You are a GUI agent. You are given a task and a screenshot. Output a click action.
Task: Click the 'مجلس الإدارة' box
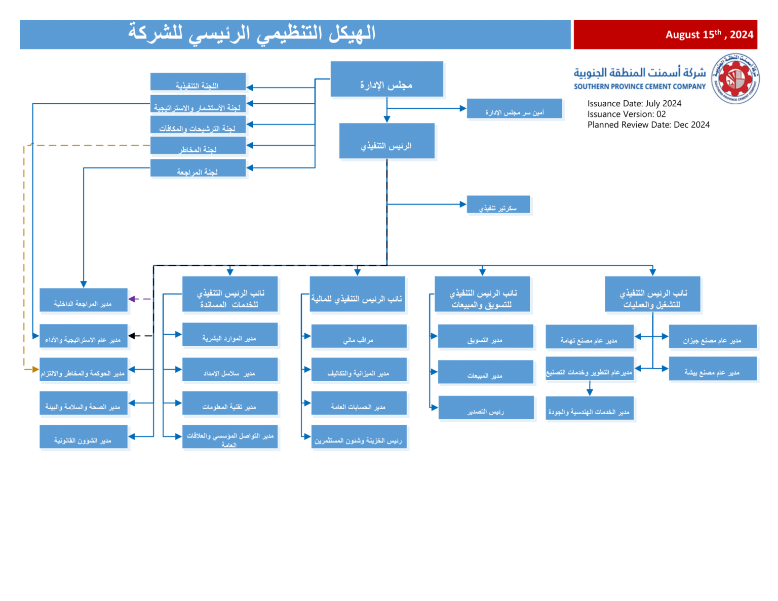point(386,79)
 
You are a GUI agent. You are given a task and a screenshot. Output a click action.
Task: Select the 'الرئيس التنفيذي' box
point(386,141)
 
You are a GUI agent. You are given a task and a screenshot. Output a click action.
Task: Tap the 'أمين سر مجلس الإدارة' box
point(514,108)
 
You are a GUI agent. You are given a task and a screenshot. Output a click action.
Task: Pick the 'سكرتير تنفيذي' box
point(498,205)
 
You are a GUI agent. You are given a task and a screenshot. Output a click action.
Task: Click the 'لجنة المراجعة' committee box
point(198,168)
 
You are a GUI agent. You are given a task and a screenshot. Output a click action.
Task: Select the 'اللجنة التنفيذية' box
point(198,82)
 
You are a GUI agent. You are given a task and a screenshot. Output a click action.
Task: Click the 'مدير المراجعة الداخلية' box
point(83,300)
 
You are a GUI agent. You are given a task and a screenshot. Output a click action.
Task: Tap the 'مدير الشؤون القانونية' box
point(83,437)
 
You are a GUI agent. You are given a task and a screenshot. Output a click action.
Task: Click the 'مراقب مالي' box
point(359,336)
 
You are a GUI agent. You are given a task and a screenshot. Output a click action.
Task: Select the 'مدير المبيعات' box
point(485,372)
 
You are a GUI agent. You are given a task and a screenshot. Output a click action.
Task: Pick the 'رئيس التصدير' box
point(486,408)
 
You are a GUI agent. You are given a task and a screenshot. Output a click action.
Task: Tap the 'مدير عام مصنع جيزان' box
point(712,337)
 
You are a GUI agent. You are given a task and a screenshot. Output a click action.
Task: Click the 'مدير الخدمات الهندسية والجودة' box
point(590,409)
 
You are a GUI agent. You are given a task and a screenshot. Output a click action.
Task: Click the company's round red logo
point(735,79)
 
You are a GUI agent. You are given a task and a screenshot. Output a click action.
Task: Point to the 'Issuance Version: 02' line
point(627,114)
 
